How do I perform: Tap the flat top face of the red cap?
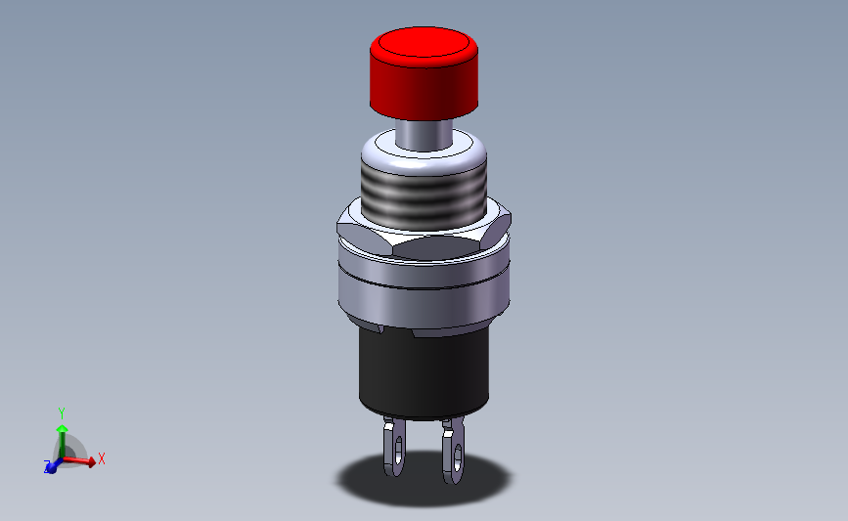coord(424,45)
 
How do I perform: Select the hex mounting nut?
coord(424,235)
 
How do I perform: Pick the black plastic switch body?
coord(424,371)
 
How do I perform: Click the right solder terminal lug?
coord(453,452)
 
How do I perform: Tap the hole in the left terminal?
coord(397,447)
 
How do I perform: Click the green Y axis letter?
coord(61,413)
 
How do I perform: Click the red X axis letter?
coord(101,457)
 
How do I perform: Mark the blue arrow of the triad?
coord(53,465)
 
